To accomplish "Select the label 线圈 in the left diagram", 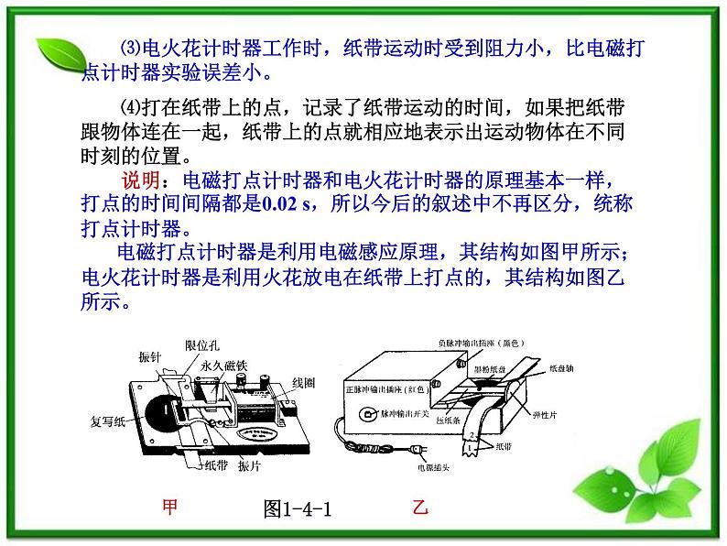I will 304,382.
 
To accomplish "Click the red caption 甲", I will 169,507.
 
